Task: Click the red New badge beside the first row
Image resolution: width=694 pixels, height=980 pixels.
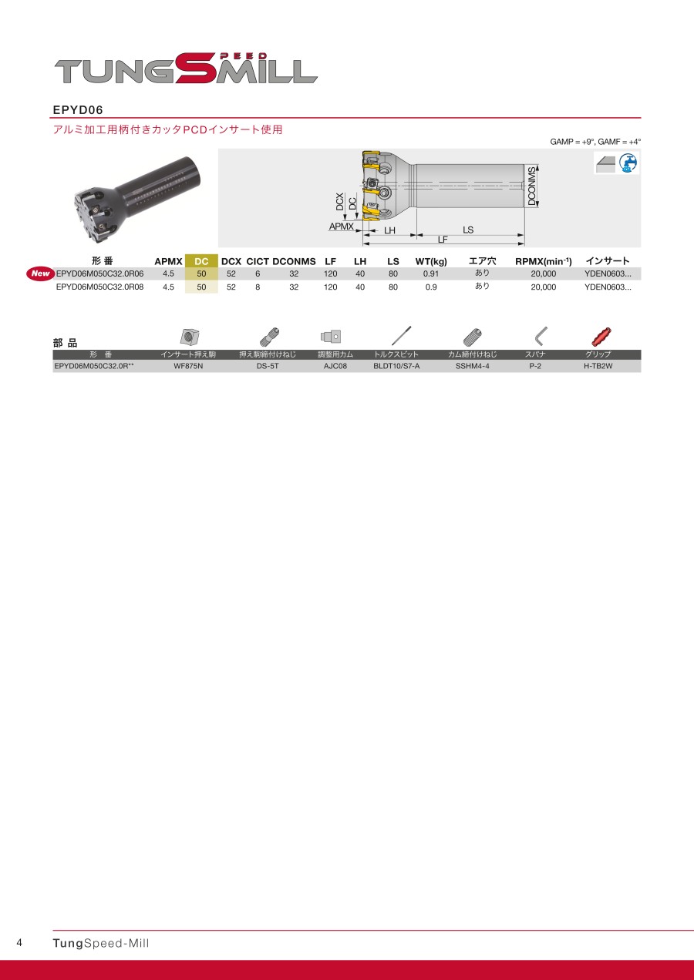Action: pos(40,274)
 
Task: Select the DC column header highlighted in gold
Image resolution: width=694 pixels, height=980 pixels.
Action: pos(201,262)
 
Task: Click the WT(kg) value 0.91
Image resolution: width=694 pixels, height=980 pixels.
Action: pos(431,274)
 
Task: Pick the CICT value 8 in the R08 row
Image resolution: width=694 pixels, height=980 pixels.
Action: pos(258,287)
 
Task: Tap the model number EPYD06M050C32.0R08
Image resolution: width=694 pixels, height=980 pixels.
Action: pos(99,287)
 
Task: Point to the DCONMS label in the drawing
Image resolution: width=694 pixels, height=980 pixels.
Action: pos(531,186)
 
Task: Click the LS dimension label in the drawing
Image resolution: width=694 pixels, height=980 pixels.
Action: pos(468,230)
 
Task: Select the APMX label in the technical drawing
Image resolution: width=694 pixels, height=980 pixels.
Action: pos(341,227)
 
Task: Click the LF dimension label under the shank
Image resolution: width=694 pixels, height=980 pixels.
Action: pos(443,240)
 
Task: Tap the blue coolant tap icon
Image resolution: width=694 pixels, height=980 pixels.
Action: pos(628,163)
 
